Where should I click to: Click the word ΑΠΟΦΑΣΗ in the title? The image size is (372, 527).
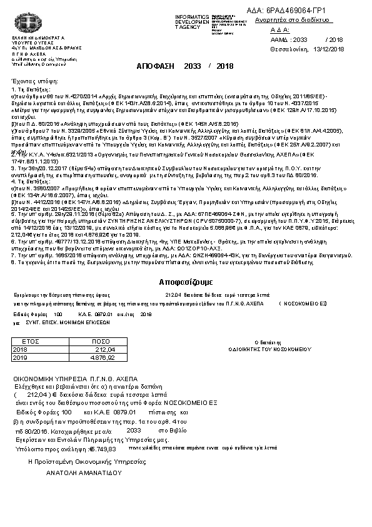[x=154, y=66]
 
